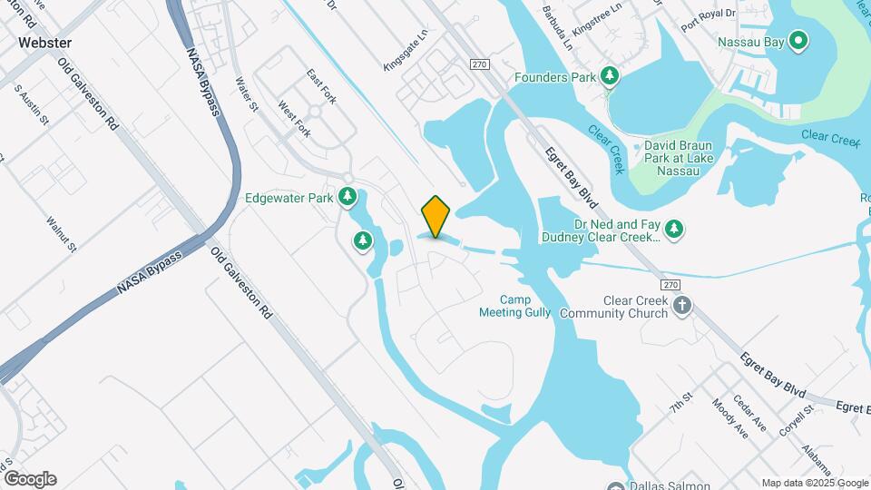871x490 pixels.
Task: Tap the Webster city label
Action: click(x=44, y=43)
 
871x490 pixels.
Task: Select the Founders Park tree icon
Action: click(x=610, y=78)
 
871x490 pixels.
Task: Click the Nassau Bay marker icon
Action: click(x=798, y=41)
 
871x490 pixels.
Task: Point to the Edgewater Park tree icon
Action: click(x=347, y=197)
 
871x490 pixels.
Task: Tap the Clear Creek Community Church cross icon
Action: click(x=682, y=307)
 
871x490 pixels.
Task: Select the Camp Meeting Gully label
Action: click(x=514, y=306)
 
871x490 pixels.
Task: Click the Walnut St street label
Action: click(x=62, y=233)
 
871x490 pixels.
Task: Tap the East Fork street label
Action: click(x=321, y=86)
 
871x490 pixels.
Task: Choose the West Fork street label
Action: click(x=294, y=119)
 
